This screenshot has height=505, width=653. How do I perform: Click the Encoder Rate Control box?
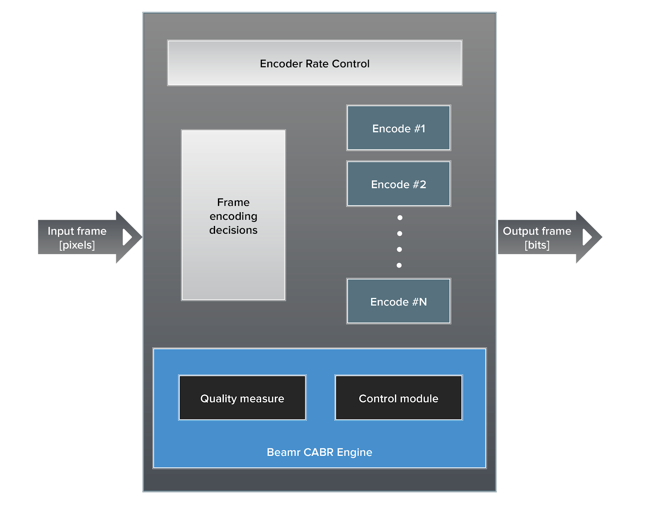coord(315,63)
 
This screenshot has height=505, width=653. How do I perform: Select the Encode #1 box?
coord(398,128)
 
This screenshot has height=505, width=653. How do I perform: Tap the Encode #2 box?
coord(398,184)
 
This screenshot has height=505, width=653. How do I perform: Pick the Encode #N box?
coord(398,302)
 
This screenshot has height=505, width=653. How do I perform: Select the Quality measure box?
coord(242,398)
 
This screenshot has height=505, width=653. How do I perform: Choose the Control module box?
coord(398,398)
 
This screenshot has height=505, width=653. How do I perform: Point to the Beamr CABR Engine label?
coord(319,452)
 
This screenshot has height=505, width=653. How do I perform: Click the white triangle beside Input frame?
coord(127,237)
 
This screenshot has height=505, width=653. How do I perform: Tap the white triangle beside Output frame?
coord(587,237)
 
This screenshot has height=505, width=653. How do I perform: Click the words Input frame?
coord(77,231)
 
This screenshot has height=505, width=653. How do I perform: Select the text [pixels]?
coord(77,245)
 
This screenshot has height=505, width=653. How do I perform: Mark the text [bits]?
coord(537,245)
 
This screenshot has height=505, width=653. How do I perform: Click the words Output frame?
coord(537,231)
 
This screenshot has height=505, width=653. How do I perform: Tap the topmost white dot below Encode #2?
coord(400,218)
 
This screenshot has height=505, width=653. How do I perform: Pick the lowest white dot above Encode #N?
coord(399,265)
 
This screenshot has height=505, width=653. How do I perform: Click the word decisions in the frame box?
coord(233,230)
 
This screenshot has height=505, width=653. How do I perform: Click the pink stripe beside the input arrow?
coord(140,274)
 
